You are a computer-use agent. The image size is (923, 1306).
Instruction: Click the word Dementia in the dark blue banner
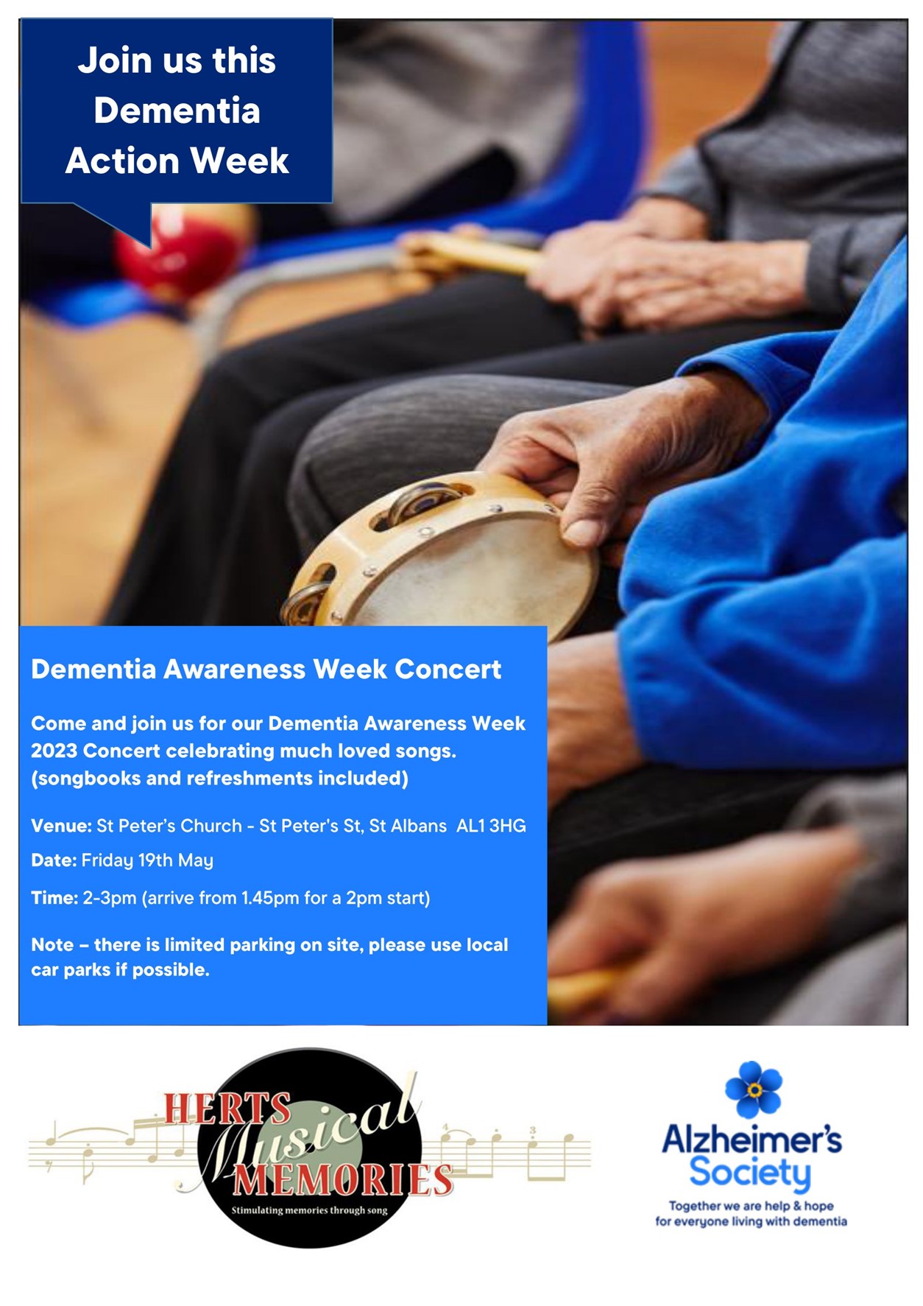(x=177, y=110)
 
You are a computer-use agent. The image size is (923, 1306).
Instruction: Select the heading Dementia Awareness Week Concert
(x=266, y=669)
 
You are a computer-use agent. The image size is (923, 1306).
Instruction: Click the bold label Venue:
(x=61, y=826)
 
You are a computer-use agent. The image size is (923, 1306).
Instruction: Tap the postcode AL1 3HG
(x=491, y=826)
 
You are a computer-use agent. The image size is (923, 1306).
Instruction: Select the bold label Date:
(x=54, y=860)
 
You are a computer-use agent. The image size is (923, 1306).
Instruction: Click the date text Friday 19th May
(x=147, y=860)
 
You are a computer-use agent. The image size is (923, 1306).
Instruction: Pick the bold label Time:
(x=54, y=898)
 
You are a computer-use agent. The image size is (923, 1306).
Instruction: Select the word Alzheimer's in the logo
(x=752, y=1139)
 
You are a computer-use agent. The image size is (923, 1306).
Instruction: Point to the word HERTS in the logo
(x=227, y=1109)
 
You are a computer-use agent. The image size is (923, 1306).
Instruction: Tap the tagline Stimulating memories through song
(x=309, y=1210)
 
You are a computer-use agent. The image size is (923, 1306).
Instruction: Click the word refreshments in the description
(x=250, y=779)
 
